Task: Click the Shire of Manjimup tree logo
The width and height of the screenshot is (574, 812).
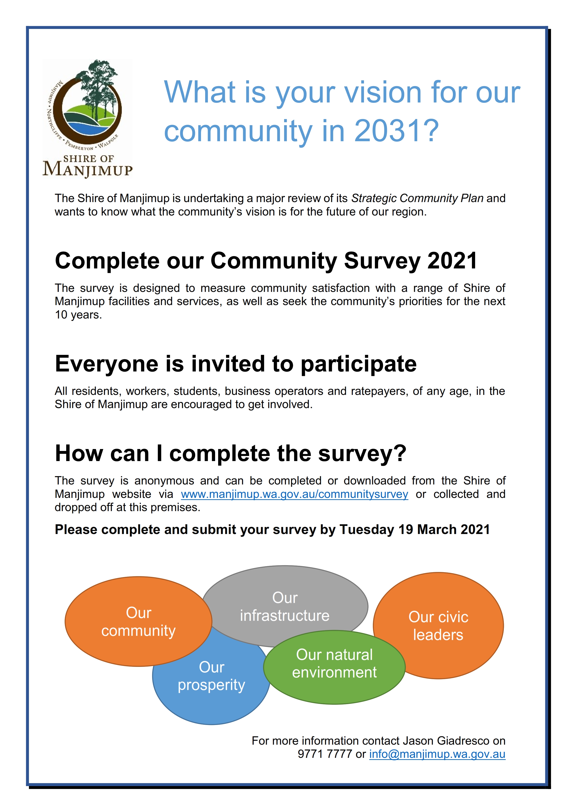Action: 87,119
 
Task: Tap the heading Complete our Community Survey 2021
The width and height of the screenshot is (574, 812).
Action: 266,261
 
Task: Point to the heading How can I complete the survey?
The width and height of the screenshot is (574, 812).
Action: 231,454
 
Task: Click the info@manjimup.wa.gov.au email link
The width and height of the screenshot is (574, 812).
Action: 437,754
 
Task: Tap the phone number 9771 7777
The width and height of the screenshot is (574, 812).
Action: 325,754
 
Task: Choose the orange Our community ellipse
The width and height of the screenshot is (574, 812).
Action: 138,621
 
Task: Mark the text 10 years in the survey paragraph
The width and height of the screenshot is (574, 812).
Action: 78,315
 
